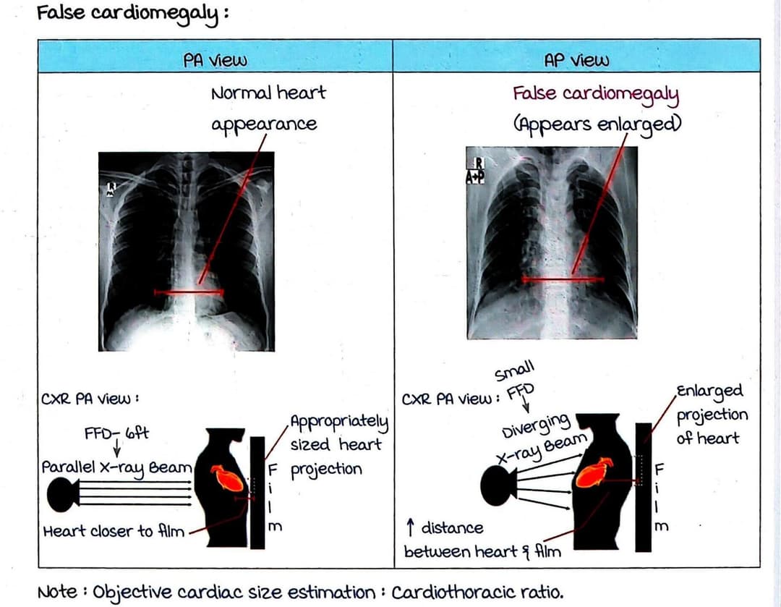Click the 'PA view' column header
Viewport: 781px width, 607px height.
(x=215, y=61)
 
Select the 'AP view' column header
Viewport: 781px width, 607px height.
(x=576, y=61)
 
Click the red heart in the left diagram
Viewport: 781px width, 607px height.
(x=227, y=477)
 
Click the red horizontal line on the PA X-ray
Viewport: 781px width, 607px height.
(x=189, y=292)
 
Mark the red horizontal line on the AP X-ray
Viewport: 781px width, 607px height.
(x=563, y=279)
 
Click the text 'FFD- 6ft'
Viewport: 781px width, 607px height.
(x=116, y=434)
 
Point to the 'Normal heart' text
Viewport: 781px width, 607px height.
(x=268, y=93)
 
